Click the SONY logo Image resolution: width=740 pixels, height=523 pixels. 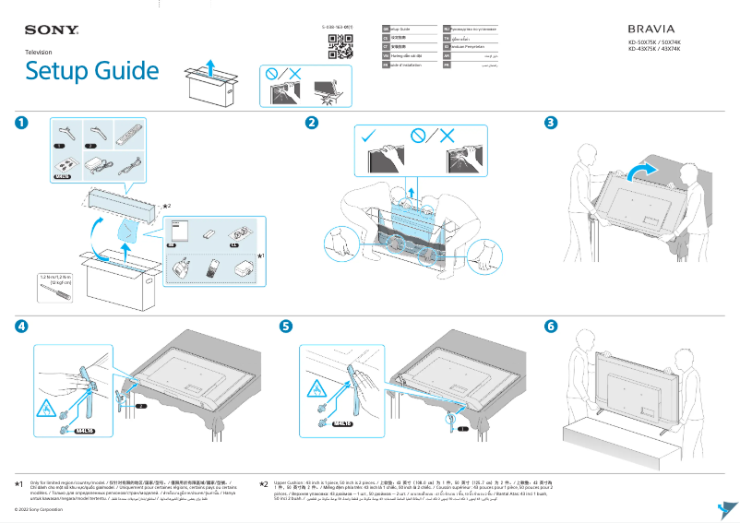(x=51, y=31)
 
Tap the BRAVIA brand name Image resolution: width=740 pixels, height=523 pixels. (x=652, y=30)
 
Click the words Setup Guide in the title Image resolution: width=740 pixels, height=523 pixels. (x=91, y=71)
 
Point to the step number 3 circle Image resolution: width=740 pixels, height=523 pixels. (x=551, y=124)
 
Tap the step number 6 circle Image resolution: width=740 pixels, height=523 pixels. (x=551, y=327)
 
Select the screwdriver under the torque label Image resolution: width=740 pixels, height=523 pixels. (x=57, y=293)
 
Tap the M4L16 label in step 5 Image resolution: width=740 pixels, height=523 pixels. (x=344, y=424)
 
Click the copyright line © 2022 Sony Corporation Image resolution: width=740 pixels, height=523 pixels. (x=39, y=509)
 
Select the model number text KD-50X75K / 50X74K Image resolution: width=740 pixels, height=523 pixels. (x=654, y=42)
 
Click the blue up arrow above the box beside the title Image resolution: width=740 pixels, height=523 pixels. (x=209, y=65)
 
